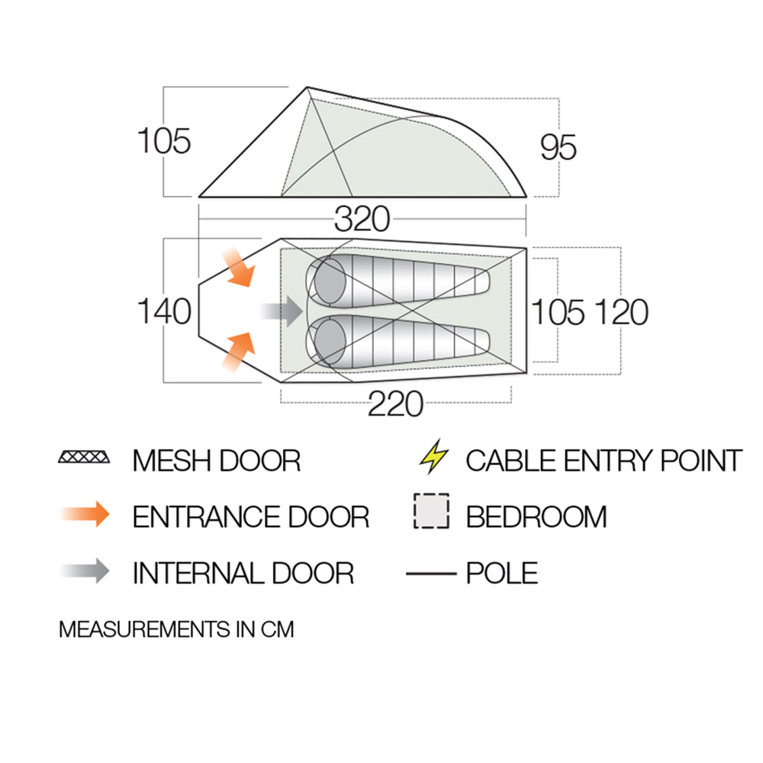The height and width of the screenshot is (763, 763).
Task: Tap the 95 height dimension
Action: tap(559, 147)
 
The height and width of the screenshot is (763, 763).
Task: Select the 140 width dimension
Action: tap(163, 312)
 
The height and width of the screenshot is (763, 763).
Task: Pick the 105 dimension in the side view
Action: tap(163, 142)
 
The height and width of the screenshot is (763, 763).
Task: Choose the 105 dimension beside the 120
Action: tap(559, 312)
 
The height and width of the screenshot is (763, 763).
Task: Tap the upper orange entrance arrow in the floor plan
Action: tap(237, 267)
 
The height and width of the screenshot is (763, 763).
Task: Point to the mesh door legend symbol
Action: tap(84, 459)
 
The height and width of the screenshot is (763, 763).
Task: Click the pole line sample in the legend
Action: tap(430, 572)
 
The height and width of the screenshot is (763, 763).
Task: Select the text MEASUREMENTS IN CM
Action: tap(176, 630)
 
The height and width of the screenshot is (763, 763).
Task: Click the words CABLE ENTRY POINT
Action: tap(604, 461)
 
